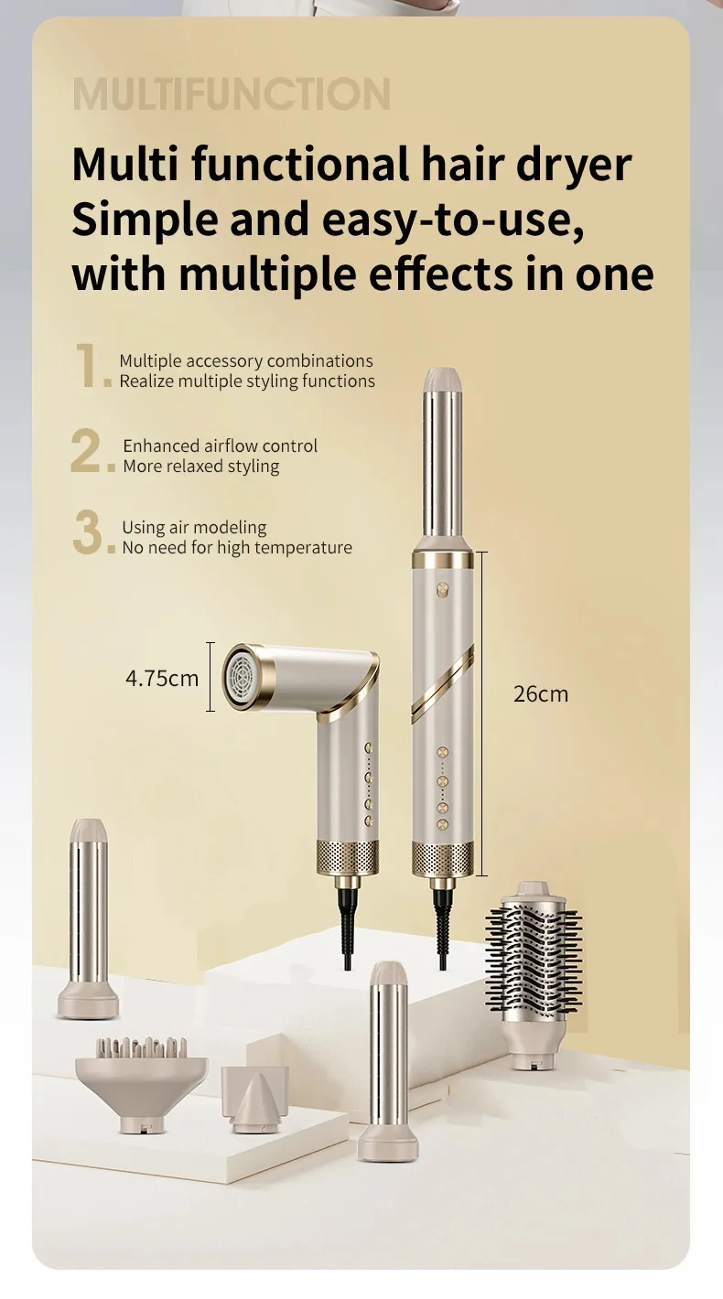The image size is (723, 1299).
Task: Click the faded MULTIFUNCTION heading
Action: [x=232, y=93]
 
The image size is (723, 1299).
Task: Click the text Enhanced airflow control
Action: [x=220, y=446]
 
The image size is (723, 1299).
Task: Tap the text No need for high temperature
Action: [x=237, y=548]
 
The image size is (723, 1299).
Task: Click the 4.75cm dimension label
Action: [x=162, y=678]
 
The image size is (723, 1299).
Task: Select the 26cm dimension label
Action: [x=540, y=694]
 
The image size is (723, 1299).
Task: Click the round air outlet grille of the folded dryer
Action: [x=242, y=676]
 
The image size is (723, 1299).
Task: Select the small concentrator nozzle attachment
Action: [x=254, y=1099]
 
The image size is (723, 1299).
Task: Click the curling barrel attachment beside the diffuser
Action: [x=88, y=918]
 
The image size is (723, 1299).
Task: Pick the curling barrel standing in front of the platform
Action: [x=388, y=1061]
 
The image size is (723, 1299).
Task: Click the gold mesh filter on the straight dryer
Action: [x=443, y=858]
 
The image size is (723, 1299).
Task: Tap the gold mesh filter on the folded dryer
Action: [x=348, y=856]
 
